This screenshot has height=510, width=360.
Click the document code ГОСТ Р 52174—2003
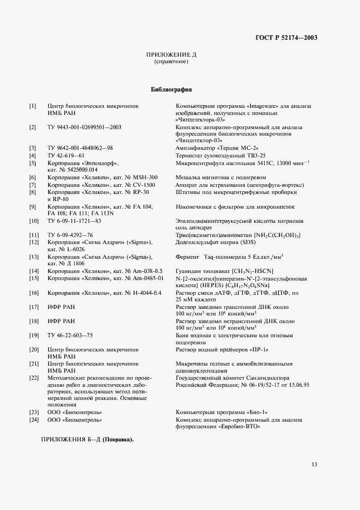[x=286, y=38]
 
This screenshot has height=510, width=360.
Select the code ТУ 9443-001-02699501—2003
[x=84, y=127]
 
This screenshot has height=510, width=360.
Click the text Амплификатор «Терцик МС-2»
[x=217, y=148]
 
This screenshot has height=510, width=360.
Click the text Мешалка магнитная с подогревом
[x=221, y=178]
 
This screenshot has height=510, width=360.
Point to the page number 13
[x=314, y=464]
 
